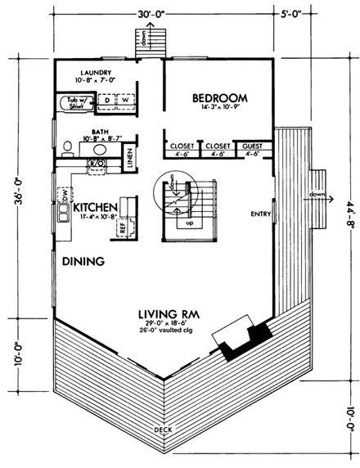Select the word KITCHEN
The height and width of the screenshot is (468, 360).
click(x=95, y=209)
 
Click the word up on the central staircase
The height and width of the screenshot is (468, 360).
click(x=191, y=222)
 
